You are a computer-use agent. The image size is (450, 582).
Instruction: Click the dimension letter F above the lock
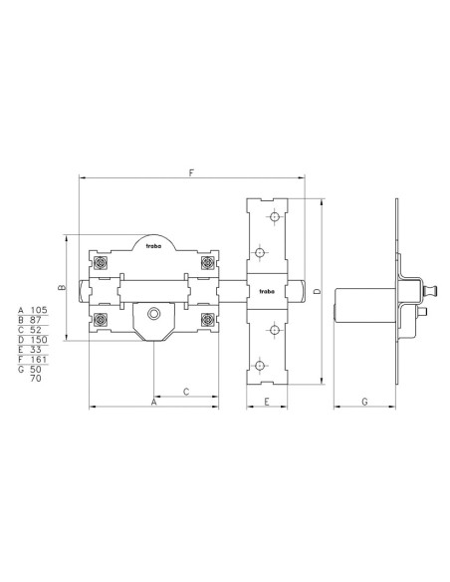(x=191, y=172)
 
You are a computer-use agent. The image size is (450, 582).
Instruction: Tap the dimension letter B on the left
(x=63, y=287)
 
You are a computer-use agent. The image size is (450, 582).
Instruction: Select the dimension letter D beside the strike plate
(x=318, y=292)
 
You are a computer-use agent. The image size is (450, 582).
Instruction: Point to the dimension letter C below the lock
(x=186, y=392)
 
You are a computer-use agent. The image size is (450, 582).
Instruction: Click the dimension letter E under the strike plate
(x=267, y=402)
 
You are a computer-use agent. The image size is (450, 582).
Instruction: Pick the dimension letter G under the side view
(x=364, y=402)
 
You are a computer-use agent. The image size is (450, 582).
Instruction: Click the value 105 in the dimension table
(x=39, y=310)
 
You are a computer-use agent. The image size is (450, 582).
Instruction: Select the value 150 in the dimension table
(x=39, y=340)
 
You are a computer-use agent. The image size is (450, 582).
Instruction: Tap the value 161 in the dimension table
(x=39, y=360)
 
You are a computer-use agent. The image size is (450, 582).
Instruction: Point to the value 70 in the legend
(x=36, y=379)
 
